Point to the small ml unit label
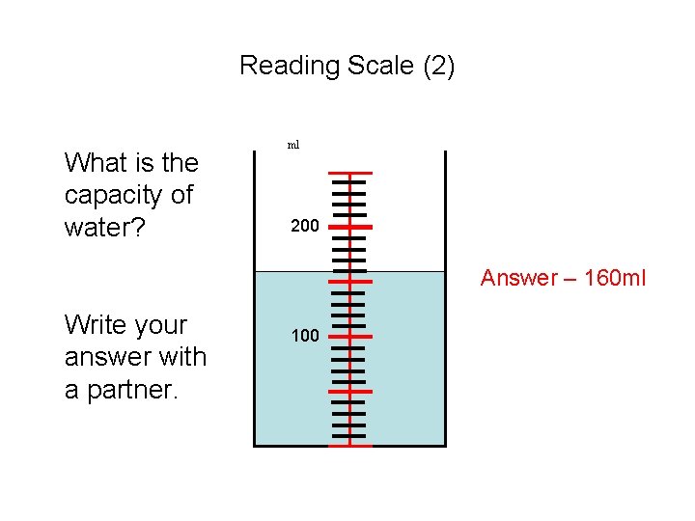pyautogui.click(x=293, y=145)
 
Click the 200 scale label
pyautogui.click(x=304, y=227)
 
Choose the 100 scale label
pyautogui.click(x=304, y=337)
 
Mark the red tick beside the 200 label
pyautogui.click(x=349, y=227)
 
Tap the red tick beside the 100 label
pyautogui.click(x=349, y=337)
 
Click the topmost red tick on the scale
pyautogui.click(x=349, y=173)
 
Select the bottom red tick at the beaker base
pyautogui.click(x=349, y=447)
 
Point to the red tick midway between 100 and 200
pyautogui.click(x=349, y=282)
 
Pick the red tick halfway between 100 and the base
pyautogui.click(x=349, y=392)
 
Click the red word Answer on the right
pyautogui.click(x=518, y=278)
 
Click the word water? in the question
pyautogui.click(x=97, y=228)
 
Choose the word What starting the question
pyautogui.click(x=96, y=162)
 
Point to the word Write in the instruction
pyautogui.click(x=94, y=325)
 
